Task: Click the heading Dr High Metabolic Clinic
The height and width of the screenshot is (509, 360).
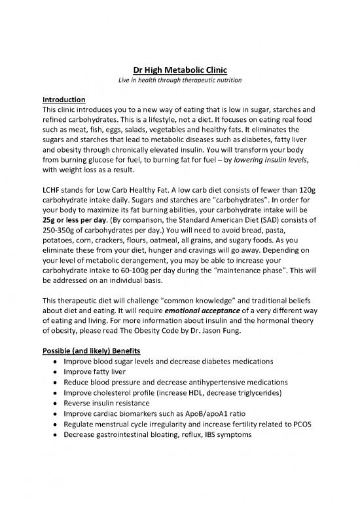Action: click(179, 63)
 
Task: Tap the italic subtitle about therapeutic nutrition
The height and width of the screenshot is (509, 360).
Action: click(179, 76)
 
